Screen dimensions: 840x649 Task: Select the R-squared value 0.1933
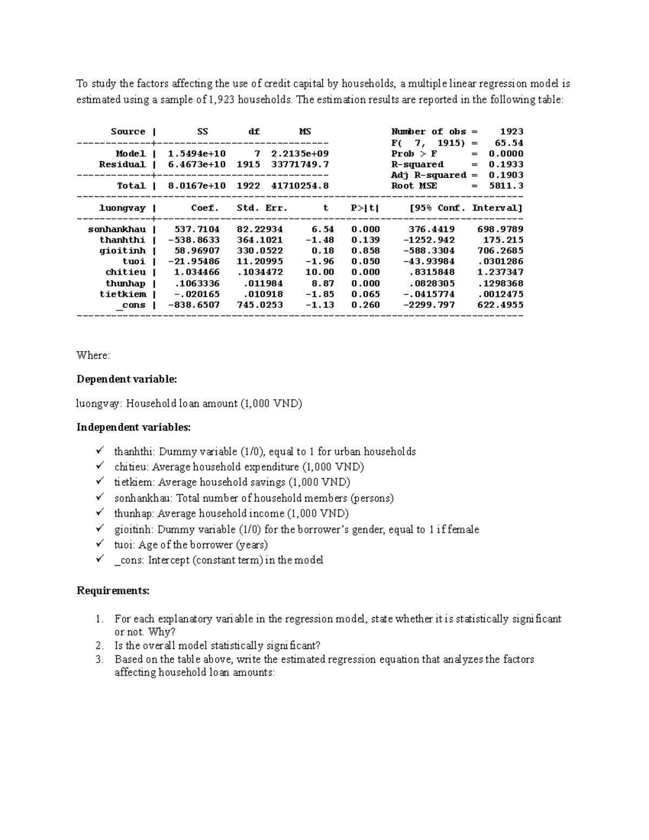tap(506, 164)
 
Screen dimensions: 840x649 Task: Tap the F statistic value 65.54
tap(509, 143)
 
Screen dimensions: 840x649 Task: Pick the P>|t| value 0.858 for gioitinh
tap(366, 250)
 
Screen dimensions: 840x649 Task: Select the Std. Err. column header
tap(262, 208)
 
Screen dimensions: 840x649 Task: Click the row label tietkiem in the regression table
tap(123, 294)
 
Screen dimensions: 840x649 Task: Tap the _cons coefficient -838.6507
tap(194, 305)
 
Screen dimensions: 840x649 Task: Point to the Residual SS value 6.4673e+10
tap(197, 164)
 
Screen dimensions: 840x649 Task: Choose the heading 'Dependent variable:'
tap(127, 379)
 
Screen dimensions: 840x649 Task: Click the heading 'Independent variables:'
tap(134, 427)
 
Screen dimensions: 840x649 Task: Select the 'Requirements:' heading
tap(113, 591)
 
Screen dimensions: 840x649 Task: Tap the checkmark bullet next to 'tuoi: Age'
tap(100, 544)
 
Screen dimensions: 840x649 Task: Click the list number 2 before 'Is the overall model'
tap(99, 645)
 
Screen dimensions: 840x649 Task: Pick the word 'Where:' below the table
tap(93, 355)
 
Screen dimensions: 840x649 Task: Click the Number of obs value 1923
tap(511, 131)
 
